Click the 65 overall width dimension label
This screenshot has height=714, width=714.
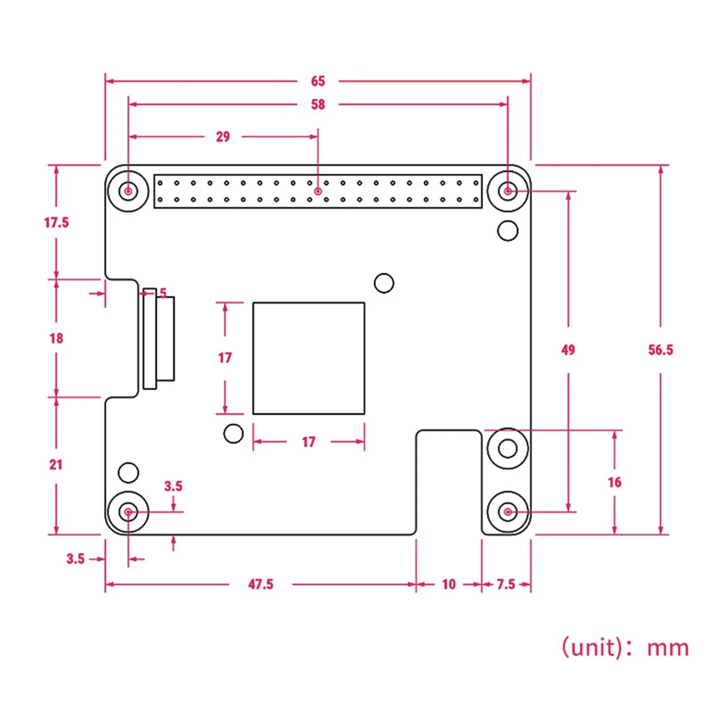point(318,82)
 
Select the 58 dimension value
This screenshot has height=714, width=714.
point(318,105)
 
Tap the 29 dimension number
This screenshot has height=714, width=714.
point(223,137)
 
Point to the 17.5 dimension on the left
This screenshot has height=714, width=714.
point(57,223)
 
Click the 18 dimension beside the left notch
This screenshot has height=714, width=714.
point(56,339)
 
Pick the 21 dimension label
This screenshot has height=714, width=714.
point(56,465)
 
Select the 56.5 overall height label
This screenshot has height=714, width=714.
point(660,350)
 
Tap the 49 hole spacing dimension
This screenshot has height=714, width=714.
point(568,350)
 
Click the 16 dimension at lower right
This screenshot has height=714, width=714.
point(614,482)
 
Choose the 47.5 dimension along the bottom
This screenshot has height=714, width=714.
point(261,584)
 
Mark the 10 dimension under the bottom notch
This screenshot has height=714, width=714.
point(449,584)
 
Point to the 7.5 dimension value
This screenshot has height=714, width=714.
point(506,584)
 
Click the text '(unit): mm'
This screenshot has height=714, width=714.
point(625,647)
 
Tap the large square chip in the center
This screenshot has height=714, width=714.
point(308,358)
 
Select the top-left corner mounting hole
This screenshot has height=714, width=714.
point(128,191)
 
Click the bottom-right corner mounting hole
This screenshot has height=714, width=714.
point(508,512)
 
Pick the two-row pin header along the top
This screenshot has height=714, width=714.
point(318,191)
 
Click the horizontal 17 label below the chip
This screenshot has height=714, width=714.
point(308,442)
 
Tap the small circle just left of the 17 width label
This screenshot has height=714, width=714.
point(233,433)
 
